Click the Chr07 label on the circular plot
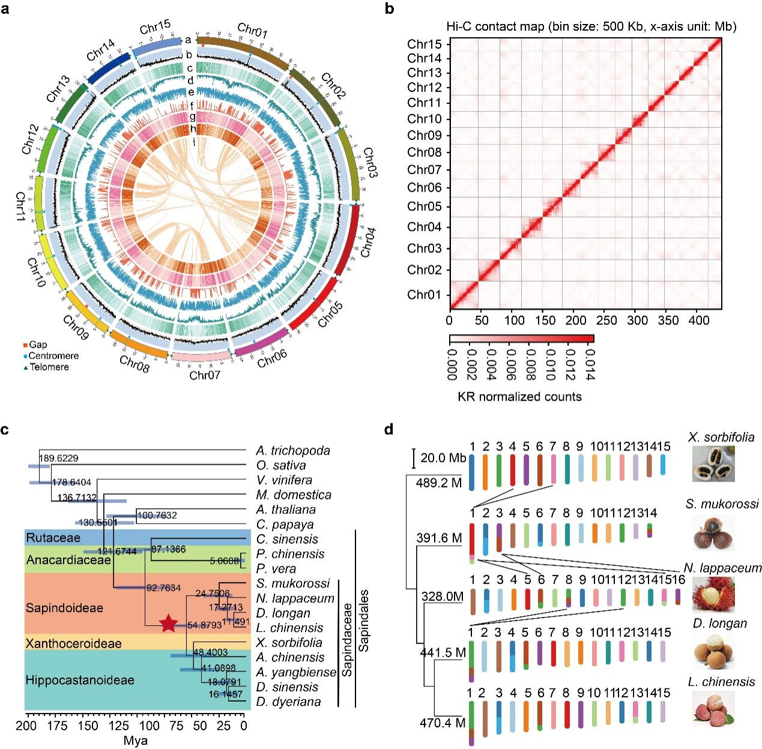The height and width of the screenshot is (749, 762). coord(204,376)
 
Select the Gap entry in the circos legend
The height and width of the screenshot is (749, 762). coord(37,345)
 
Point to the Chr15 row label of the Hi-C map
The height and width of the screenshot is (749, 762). coord(425,44)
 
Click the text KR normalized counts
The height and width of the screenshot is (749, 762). coord(519,396)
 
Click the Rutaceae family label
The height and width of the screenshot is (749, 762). coord(53,538)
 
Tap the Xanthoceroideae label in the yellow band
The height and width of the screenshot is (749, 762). coord(73,643)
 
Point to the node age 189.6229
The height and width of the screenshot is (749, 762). coord(59,459)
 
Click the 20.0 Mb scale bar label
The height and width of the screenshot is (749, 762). coord(441,458)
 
